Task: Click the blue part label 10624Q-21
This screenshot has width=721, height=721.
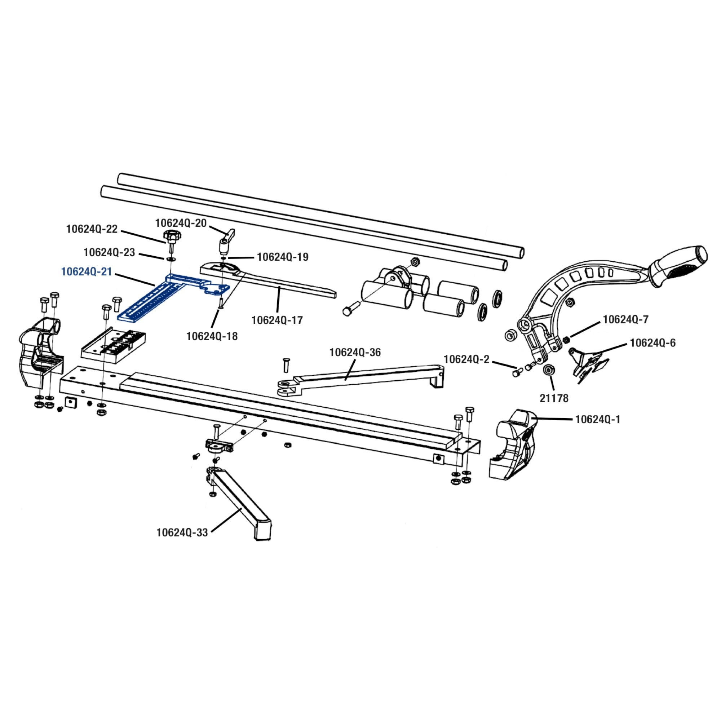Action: pyautogui.click(x=87, y=272)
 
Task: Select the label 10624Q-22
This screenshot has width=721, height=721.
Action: pyautogui.click(x=92, y=229)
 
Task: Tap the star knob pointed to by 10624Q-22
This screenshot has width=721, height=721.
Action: pyautogui.click(x=171, y=235)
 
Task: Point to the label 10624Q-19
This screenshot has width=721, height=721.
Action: pyautogui.click(x=283, y=257)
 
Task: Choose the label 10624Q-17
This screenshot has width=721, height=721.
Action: pyautogui.click(x=277, y=320)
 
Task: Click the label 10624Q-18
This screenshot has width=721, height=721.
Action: pyautogui.click(x=212, y=336)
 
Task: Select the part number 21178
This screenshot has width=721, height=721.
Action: pyautogui.click(x=554, y=399)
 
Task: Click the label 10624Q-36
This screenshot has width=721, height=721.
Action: pyautogui.click(x=355, y=352)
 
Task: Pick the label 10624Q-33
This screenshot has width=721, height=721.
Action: pyautogui.click(x=182, y=532)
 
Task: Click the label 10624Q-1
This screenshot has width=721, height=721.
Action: pyautogui.click(x=597, y=420)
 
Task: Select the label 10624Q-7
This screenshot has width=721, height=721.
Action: pyautogui.click(x=626, y=319)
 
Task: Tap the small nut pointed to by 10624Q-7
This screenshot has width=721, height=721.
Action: pyautogui.click(x=566, y=340)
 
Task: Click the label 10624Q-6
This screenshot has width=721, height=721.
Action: pyautogui.click(x=653, y=343)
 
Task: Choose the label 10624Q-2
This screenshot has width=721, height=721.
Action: pyautogui.click(x=466, y=359)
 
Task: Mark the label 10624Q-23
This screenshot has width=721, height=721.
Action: pyautogui.click(x=109, y=252)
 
